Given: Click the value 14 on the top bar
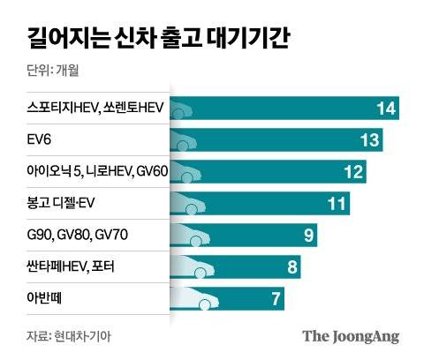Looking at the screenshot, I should pos(384,109).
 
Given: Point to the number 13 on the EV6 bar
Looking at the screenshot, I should pos(368,140).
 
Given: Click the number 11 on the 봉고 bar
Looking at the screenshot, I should pos(336,204).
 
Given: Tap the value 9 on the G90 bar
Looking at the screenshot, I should pos(308,236).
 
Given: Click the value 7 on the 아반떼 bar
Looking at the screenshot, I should pos(275,299).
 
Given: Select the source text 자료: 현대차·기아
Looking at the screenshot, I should pos(69,335).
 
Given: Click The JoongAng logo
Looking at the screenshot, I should pos(351,335).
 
